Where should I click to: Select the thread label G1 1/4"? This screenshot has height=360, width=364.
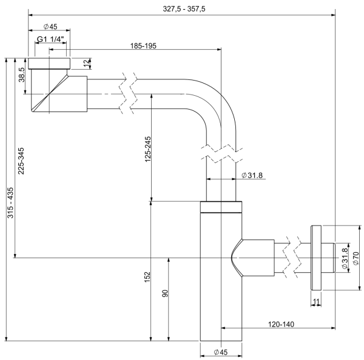click(x=52, y=39)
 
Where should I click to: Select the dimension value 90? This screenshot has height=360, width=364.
click(x=164, y=295)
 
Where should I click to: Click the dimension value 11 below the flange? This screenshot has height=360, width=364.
click(x=315, y=301)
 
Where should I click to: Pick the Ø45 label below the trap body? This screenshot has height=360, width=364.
click(x=221, y=353)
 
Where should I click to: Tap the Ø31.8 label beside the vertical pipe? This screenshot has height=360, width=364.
click(x=252, y=176)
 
